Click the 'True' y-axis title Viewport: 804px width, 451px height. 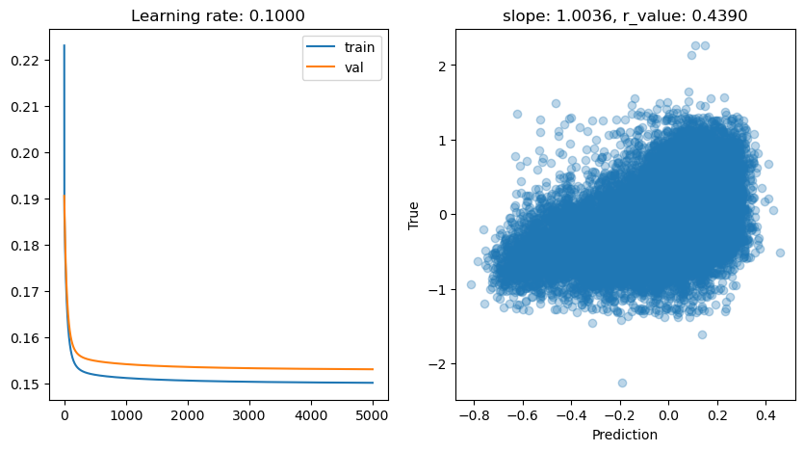click(414, 215)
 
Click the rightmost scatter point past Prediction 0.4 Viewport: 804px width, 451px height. click(780, 252)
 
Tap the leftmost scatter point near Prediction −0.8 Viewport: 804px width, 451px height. click(471, 284)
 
